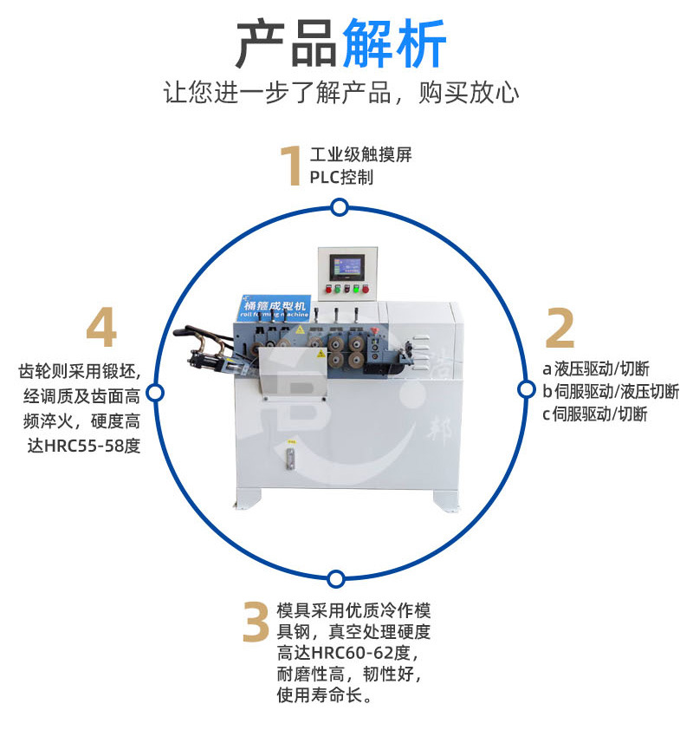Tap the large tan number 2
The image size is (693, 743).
(560, 328)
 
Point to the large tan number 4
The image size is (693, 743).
(101, 329)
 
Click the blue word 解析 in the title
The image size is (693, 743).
(395, 44)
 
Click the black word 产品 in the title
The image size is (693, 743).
(287, 44)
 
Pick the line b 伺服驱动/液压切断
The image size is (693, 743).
(611, 392)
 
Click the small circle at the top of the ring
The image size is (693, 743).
(340, 207)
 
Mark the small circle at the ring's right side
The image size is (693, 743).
(525, 390)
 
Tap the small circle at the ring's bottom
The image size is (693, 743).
(336, 577)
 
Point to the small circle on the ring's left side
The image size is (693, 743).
(155, 393)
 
